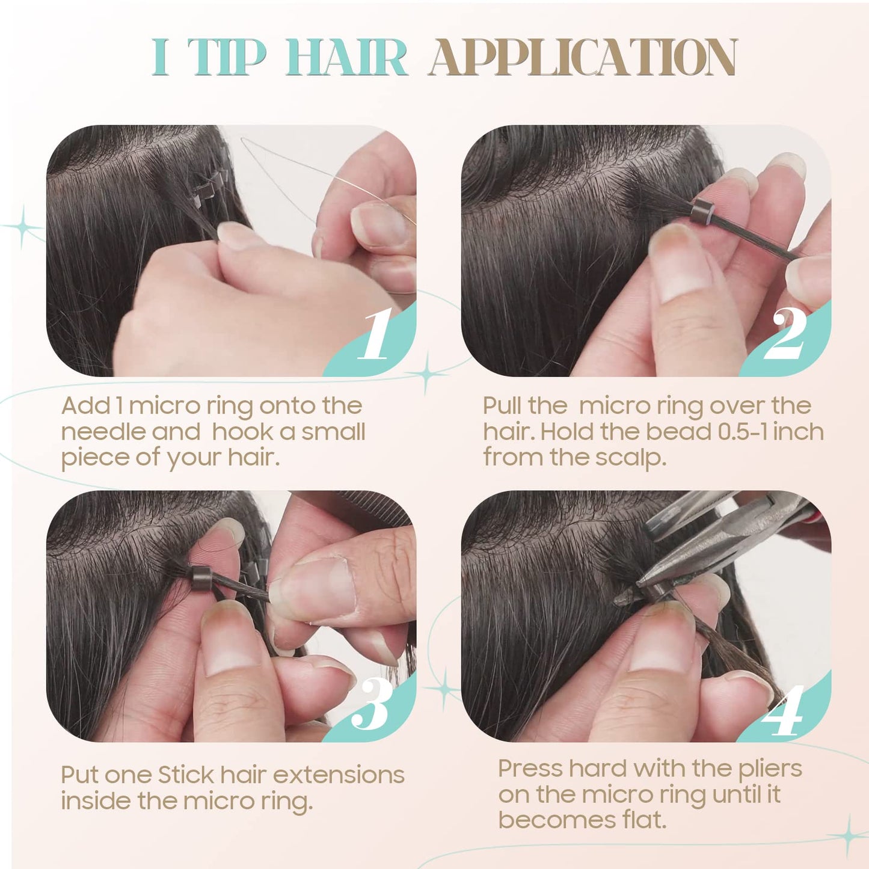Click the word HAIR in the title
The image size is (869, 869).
pyautogui.click(x=346, y=57)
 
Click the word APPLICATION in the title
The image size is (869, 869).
pyautogui.click(x=582, y=57)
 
